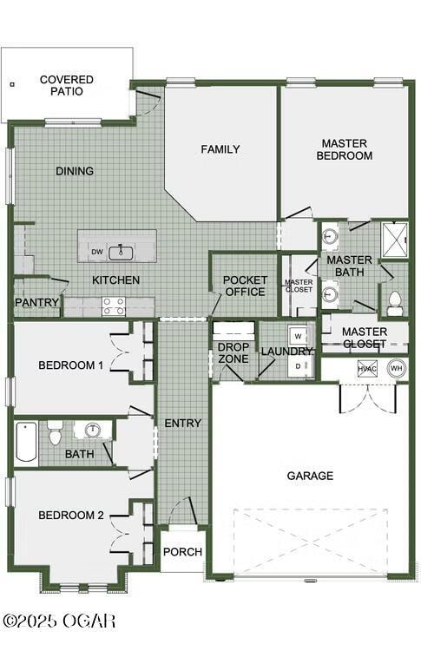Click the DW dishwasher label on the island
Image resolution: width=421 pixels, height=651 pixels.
(x=97, y=252)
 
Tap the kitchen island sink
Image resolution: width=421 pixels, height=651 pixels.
(x=121, y=253)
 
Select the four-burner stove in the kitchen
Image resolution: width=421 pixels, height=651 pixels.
(x=114, y=306)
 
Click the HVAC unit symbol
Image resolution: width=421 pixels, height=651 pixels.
(x=367, y=369)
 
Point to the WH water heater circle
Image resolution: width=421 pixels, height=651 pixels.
(x=396, y=368)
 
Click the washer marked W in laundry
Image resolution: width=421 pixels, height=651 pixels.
(x=298, y=335)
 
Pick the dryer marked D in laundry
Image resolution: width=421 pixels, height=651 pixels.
(x=298, y=366)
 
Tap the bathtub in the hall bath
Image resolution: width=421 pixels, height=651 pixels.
(x=26, y=442)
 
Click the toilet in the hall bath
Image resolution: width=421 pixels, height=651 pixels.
(x=55, y=433)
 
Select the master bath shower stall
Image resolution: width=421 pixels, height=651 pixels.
(x=395, y=240)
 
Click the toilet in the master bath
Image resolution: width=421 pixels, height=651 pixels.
(x=394, y=304)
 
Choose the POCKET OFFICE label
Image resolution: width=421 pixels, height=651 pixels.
(x=245, y=286)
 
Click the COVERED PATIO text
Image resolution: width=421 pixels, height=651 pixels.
(x=67, y=85)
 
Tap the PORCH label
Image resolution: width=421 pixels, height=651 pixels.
(x=182, y=552)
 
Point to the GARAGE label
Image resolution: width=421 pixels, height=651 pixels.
(x=310, y=476)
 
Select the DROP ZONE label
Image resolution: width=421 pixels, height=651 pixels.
(x=234, y=353)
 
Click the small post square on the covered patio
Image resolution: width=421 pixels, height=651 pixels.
(x=12, y=84)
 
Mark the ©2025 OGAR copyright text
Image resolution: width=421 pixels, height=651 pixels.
(x=59, y=621)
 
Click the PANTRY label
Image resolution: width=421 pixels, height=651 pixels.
(x=36, y=302)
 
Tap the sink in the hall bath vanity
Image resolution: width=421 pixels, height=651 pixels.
(x=94, y=431)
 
